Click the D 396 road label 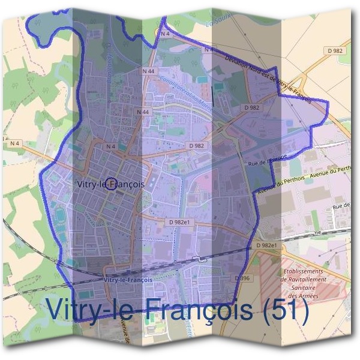pyautogui.click(x=243, y=278)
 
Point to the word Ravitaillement pyautogui.click(x=303, y=280)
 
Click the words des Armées pyautogui.click(x=302, y=296)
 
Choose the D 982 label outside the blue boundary pyautogui.click(x=335, y=51)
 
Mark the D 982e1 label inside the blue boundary pyautogui.click(x=179, y=222)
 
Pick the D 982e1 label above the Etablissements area pyautogui.click(x=266, y=245)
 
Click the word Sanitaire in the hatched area pyautogui.click(x=303, y=288)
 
